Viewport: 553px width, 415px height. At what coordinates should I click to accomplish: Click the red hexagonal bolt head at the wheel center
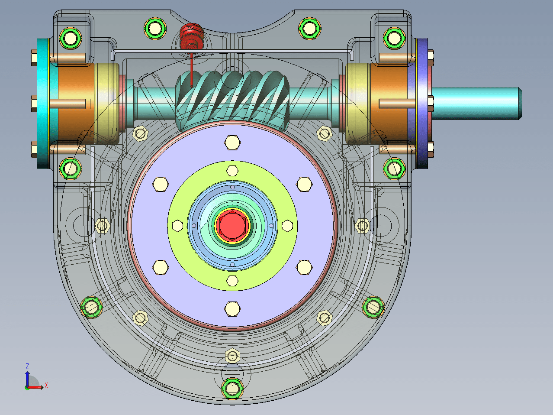(x=232, y=225)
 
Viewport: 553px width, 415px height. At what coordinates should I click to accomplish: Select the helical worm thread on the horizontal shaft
(x=232, y=100)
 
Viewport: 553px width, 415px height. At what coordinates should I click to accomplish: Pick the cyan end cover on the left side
(x=43, y=104)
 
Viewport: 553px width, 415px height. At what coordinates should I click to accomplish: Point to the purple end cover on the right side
(x=422, y=104)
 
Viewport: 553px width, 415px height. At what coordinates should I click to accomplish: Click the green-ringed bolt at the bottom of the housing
(x=232, y=388)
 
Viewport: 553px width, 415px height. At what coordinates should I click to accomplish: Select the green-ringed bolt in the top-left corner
(x=71, y=38)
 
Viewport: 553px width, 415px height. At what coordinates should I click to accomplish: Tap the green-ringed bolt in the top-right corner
(x=394, y=38)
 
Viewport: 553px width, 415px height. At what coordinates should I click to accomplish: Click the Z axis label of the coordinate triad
(x=27, y=366)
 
